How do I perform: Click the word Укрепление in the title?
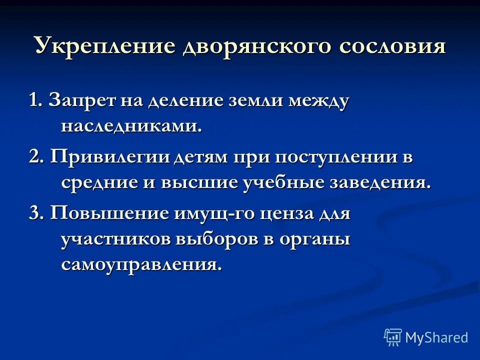point(104,46)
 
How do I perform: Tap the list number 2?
point(34,157)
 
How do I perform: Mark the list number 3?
point(34,213)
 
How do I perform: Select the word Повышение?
point(109,213)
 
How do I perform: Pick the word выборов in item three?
point(216,239)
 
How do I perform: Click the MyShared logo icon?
point(392,337)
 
